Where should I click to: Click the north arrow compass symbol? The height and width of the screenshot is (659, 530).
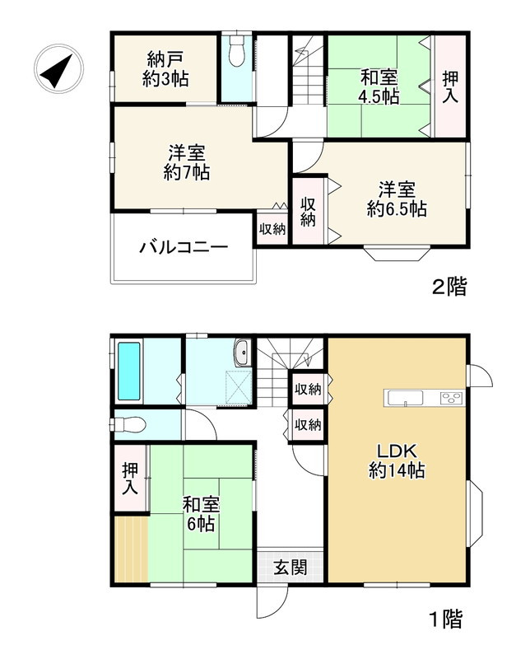[x=57, y=71]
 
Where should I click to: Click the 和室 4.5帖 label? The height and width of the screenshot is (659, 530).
[x=379, y=86]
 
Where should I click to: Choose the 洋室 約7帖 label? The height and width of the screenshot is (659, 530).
[x=187, y=162]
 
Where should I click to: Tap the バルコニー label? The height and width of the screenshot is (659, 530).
[x=183, y=247]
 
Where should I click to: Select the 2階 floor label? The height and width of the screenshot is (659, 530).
[x=450, y=287]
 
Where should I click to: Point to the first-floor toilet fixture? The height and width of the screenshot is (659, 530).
[x=131, y=424]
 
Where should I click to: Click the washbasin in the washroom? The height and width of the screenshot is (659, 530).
[x=242, y=353]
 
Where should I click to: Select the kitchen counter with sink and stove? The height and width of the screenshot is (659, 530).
[x=425, y=399]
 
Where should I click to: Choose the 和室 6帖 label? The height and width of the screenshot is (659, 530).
[x=199, y=512]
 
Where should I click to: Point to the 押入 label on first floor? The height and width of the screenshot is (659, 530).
[x=131, y=479]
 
